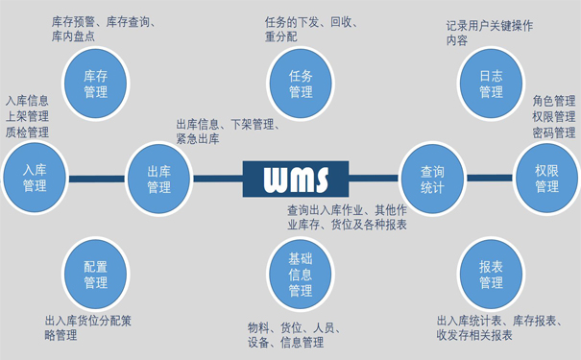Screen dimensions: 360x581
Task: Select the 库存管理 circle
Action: [x=96, y=84]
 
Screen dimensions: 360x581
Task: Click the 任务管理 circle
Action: [x=301, y=84]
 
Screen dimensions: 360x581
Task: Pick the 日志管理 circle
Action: [x=490, y=84]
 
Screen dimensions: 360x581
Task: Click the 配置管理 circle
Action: [x=96, y=275]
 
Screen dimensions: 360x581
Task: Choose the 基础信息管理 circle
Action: [x=301, y=275]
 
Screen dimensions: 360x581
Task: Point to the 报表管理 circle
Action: [x=490, y=275]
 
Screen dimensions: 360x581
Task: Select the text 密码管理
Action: [x=554, y=132]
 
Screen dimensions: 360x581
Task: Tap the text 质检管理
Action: [x=27, y=132]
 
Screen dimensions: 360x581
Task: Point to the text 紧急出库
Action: [x=197, y=139]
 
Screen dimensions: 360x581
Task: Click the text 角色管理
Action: [x=554, y=101]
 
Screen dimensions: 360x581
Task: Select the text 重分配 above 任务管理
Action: [x=281, y=36]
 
